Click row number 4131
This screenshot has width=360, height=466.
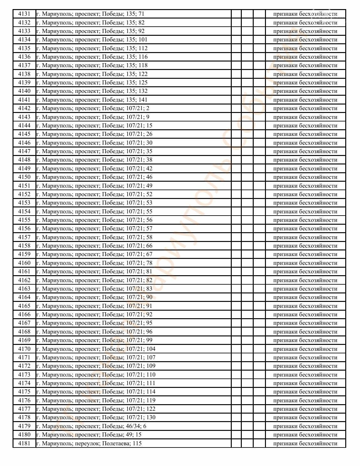24,14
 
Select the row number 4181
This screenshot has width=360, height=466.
24,443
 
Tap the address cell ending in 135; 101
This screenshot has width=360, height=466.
92,40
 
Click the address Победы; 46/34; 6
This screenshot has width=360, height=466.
91,426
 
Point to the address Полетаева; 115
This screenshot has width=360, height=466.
89,443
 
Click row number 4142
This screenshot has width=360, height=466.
24,108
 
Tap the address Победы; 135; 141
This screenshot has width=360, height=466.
92,100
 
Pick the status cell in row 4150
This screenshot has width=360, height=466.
305,177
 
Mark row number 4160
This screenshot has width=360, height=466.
24,263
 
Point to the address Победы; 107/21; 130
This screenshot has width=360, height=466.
96,417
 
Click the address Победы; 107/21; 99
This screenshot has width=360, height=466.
94,340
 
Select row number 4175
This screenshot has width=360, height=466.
24,392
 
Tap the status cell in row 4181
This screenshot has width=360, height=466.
305,443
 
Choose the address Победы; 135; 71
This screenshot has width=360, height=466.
90,14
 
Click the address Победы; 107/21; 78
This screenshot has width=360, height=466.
94,263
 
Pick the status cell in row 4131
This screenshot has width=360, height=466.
305,14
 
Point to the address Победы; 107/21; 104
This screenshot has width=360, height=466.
96,349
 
